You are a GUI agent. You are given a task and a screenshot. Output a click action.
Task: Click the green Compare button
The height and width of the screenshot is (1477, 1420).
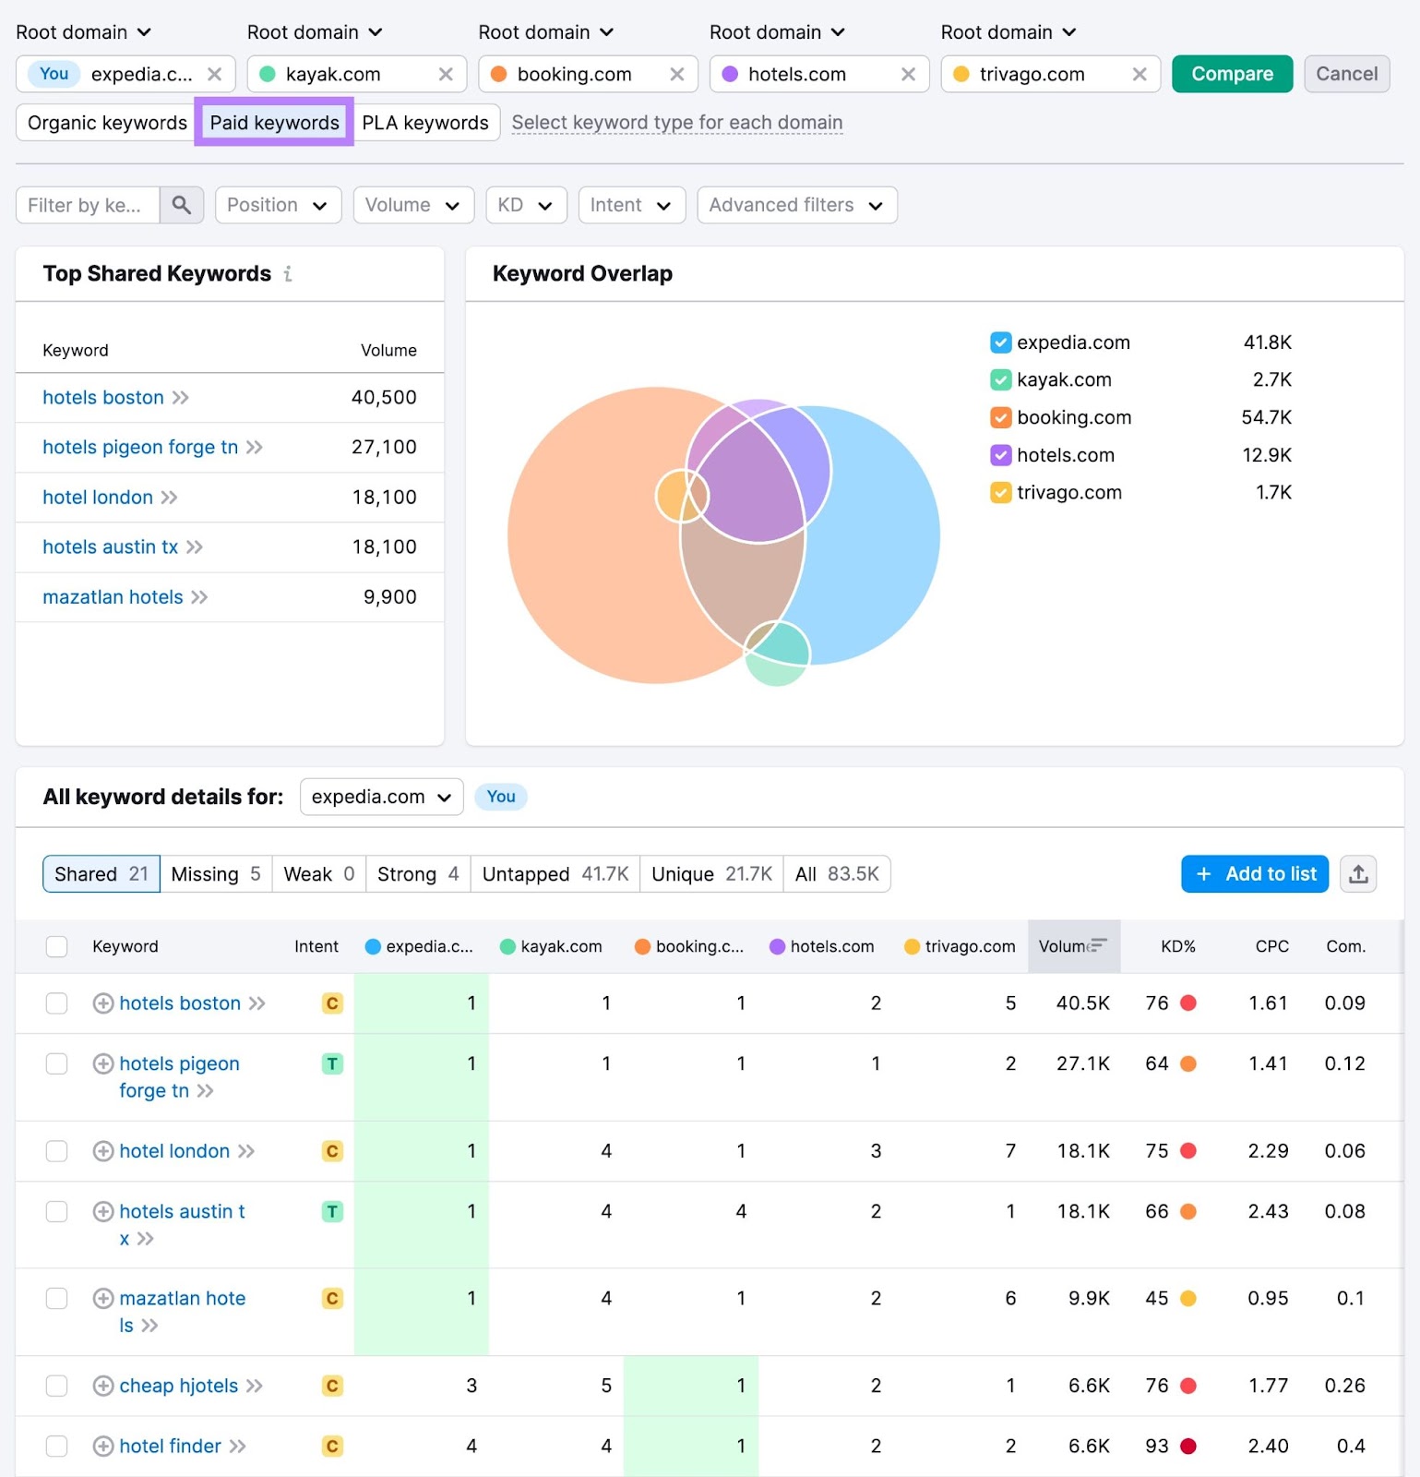click(1232, 74)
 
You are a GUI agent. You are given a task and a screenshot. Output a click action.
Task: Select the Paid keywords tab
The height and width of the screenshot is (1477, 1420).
click(274, 123)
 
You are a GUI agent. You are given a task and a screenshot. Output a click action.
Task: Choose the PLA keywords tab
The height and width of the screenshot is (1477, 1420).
click(424, 123)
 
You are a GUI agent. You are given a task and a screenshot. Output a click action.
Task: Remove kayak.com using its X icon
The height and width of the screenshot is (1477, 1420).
click(446, 74)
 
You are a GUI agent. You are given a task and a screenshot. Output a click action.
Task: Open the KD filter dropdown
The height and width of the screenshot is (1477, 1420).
click(524, 205)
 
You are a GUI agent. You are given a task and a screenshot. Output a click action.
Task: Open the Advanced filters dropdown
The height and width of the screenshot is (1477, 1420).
click(796, 205)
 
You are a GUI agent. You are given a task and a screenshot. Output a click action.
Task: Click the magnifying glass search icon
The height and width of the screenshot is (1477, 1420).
click(182, 205)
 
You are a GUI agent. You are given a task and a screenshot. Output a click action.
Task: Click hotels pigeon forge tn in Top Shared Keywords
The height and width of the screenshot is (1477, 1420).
click(140, 448)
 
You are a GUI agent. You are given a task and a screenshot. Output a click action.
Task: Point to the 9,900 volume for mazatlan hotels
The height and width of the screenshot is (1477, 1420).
click(389, 597)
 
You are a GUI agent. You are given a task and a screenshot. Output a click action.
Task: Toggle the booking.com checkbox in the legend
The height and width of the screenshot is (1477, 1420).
click(1000, 417)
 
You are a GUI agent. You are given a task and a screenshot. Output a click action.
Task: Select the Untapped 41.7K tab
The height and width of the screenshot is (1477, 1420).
click(555, 874)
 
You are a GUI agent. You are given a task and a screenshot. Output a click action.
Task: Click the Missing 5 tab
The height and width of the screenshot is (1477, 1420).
click(215, 874)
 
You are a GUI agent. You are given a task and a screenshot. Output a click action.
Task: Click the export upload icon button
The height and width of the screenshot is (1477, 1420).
click(1358, 874)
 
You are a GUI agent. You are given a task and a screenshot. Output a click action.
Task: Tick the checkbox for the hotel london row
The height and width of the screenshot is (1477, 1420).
click(57, 1151)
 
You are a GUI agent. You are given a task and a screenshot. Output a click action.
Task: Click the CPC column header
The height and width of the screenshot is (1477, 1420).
click(1271, 946)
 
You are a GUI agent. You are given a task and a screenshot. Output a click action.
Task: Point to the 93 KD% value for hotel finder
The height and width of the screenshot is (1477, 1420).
click(1156, 1446)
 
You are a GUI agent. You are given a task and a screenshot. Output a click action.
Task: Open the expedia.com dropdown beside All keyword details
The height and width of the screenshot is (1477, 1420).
click(381, 797)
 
